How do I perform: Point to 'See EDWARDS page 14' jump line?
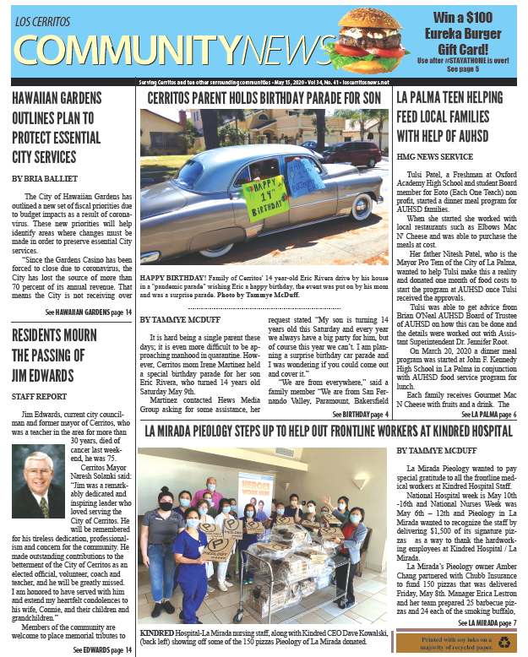[x=102, y=649]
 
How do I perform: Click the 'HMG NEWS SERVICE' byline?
[x=438, y=156]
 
